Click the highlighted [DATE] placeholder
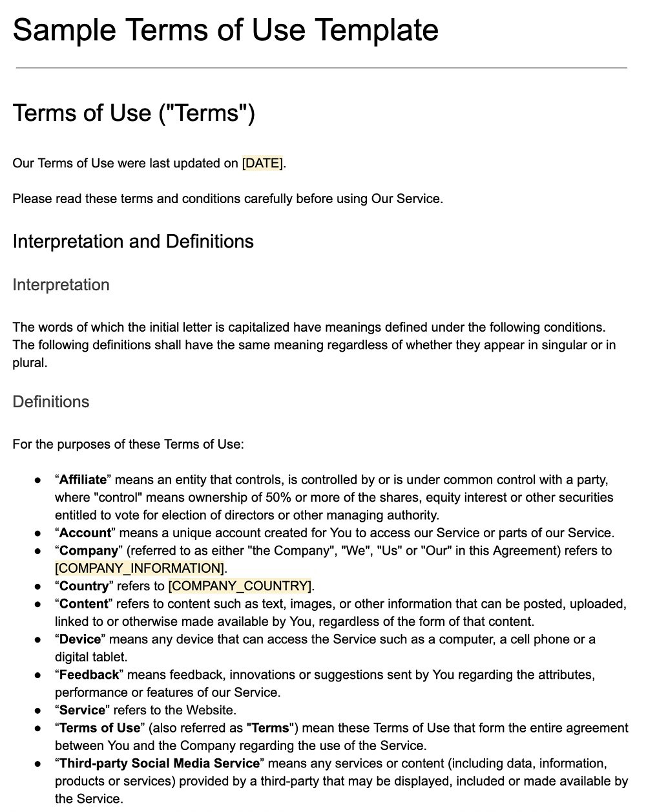point(262,164)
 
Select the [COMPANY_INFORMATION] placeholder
point(140,568)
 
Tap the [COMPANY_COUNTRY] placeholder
point(240,586)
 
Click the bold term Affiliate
point(83,480)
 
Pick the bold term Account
point(85,533)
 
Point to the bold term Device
point(80,639)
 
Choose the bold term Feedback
point(89,675)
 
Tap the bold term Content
point(83,604)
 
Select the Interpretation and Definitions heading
point(133,242)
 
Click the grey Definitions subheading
point(51,402)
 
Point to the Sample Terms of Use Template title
point(225,30)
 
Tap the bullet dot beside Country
point(38,586)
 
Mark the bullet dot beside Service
point(38,710)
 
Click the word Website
point(211,710)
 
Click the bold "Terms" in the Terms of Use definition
point(271,728)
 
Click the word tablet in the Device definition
point(109,657)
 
